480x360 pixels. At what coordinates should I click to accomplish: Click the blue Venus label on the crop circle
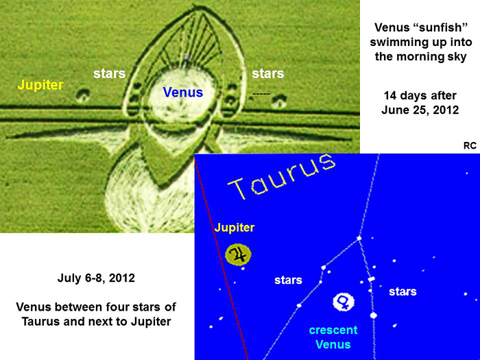183,92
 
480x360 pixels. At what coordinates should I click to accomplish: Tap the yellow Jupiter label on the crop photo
40,85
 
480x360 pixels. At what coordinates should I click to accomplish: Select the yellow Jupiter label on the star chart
235,228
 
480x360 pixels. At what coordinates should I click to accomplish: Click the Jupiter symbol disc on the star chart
238,254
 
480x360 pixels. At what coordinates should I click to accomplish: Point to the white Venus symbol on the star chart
344,302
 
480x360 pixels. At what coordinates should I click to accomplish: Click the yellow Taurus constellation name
281,177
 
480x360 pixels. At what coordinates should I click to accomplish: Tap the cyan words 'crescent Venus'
333,337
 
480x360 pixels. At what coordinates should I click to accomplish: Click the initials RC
470,145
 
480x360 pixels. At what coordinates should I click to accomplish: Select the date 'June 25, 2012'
420,110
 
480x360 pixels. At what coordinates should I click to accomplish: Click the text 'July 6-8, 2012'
96,278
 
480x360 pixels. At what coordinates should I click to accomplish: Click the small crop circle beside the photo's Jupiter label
83,95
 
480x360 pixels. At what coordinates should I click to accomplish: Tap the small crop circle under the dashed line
279,101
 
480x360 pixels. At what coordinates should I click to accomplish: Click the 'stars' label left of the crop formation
109,74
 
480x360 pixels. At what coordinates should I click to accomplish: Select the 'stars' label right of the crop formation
268,74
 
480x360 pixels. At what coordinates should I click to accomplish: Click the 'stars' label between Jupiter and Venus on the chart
288,280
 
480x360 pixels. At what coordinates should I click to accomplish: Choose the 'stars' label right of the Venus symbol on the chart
403,291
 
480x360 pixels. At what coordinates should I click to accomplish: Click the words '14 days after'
420,95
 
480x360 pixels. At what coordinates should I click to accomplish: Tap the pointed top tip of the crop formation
195,5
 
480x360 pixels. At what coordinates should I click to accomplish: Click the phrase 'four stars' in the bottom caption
137,307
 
